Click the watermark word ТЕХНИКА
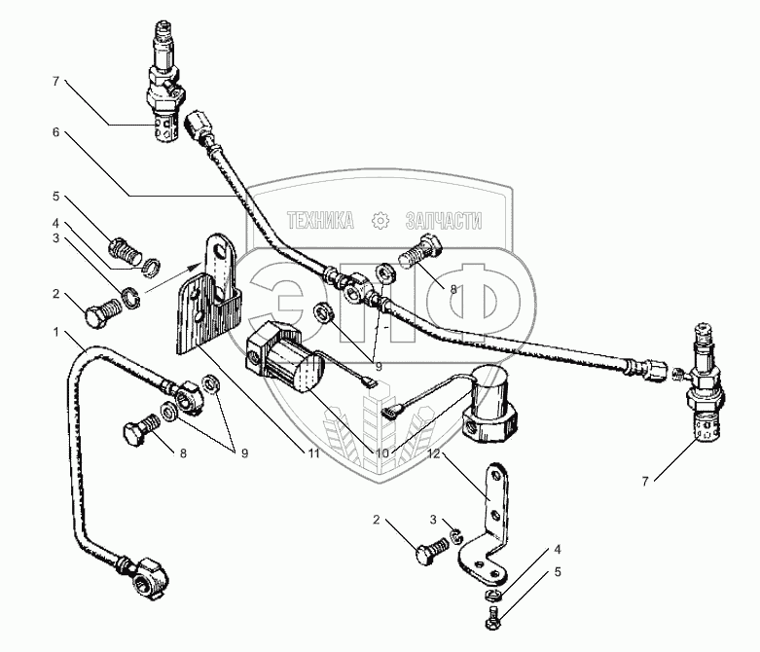(320, 221)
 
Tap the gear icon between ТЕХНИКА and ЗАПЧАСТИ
(380, 221)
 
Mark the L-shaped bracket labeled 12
(492, 525)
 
